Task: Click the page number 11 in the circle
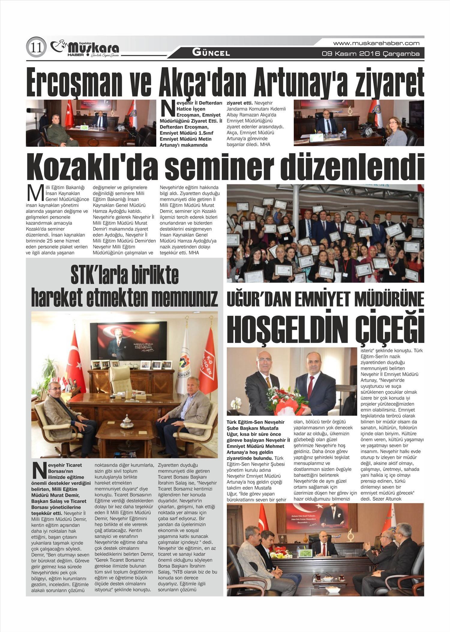pyautogui.click(x=36, y=47)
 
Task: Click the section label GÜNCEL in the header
pyautogui.click(x=211, y=53)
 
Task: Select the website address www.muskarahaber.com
pyautogui.click(x=376, y=43)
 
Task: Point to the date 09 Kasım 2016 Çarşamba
pyautogui.click(x=370, y=54)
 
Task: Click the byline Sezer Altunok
pyautogui.click(x=385, y=499)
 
